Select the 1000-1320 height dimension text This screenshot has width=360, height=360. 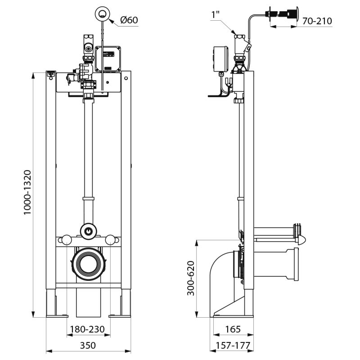27,193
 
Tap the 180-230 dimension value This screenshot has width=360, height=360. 88,329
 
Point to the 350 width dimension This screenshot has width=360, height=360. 88,345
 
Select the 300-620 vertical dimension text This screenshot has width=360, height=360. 191,278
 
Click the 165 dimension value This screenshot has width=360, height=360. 232,329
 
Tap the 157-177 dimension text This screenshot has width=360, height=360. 232,345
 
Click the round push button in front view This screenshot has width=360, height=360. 103,13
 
